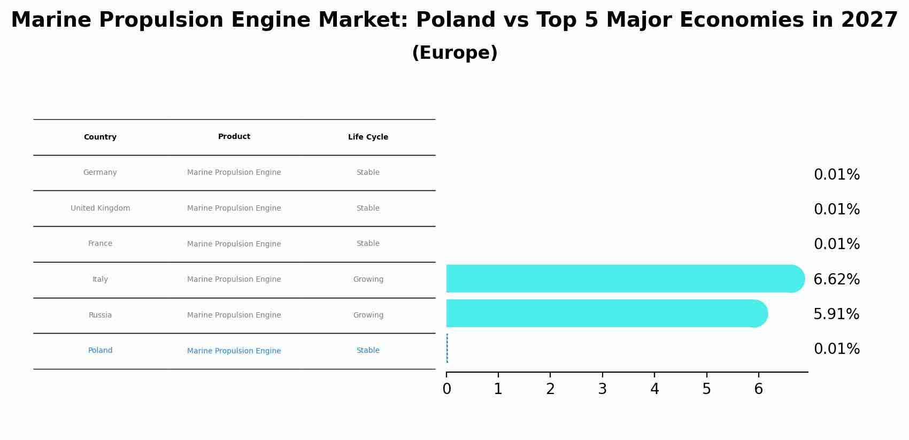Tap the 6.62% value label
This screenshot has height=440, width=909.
[836, 280]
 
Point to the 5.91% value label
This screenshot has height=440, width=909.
[836, 314]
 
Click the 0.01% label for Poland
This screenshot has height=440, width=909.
[836, 349]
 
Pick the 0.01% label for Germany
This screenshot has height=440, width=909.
[836, 175]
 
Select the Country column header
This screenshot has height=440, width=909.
[100, 137]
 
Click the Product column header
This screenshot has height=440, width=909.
[234, 137]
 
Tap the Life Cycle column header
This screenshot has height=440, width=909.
[368, 137]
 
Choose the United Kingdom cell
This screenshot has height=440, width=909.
[100, 209]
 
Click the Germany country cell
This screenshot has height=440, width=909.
[100, 173]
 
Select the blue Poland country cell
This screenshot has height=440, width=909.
[100, 351]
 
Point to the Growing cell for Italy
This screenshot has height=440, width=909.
[368, 280]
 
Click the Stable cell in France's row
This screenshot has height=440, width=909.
[368, 244]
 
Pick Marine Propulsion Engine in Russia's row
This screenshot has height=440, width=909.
[234, 315]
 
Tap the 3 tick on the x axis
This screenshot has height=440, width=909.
[602, 389]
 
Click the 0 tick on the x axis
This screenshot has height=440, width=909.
[446, 389]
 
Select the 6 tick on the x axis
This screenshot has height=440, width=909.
[758, 389]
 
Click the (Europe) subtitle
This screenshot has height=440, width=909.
[454, 53]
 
